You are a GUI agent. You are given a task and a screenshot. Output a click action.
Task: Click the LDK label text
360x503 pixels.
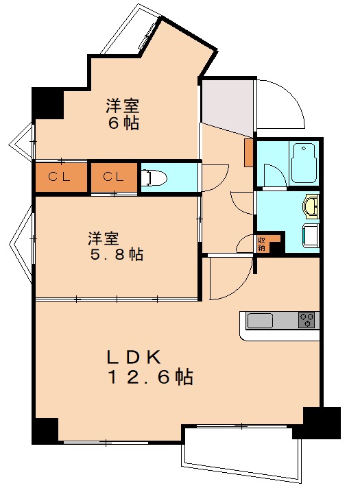point(134,356)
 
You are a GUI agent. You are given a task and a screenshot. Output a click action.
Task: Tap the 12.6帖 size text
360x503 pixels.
point(149,377)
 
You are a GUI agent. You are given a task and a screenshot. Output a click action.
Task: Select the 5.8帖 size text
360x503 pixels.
point(115,254)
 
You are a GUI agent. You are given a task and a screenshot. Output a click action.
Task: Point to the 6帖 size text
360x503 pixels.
point(123,124)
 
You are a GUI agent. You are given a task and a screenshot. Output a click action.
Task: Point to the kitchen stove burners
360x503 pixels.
point(307,319)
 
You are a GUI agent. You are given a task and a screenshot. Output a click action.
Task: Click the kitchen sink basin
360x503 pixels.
point(261,320)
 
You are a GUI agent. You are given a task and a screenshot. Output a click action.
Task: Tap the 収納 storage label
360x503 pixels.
point(261,243)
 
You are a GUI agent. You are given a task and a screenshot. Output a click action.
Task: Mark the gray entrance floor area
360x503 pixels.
point(228,106)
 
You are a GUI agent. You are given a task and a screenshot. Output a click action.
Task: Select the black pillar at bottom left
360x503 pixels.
point(45,430)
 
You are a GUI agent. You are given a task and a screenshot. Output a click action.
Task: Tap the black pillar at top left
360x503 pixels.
point(47,101)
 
